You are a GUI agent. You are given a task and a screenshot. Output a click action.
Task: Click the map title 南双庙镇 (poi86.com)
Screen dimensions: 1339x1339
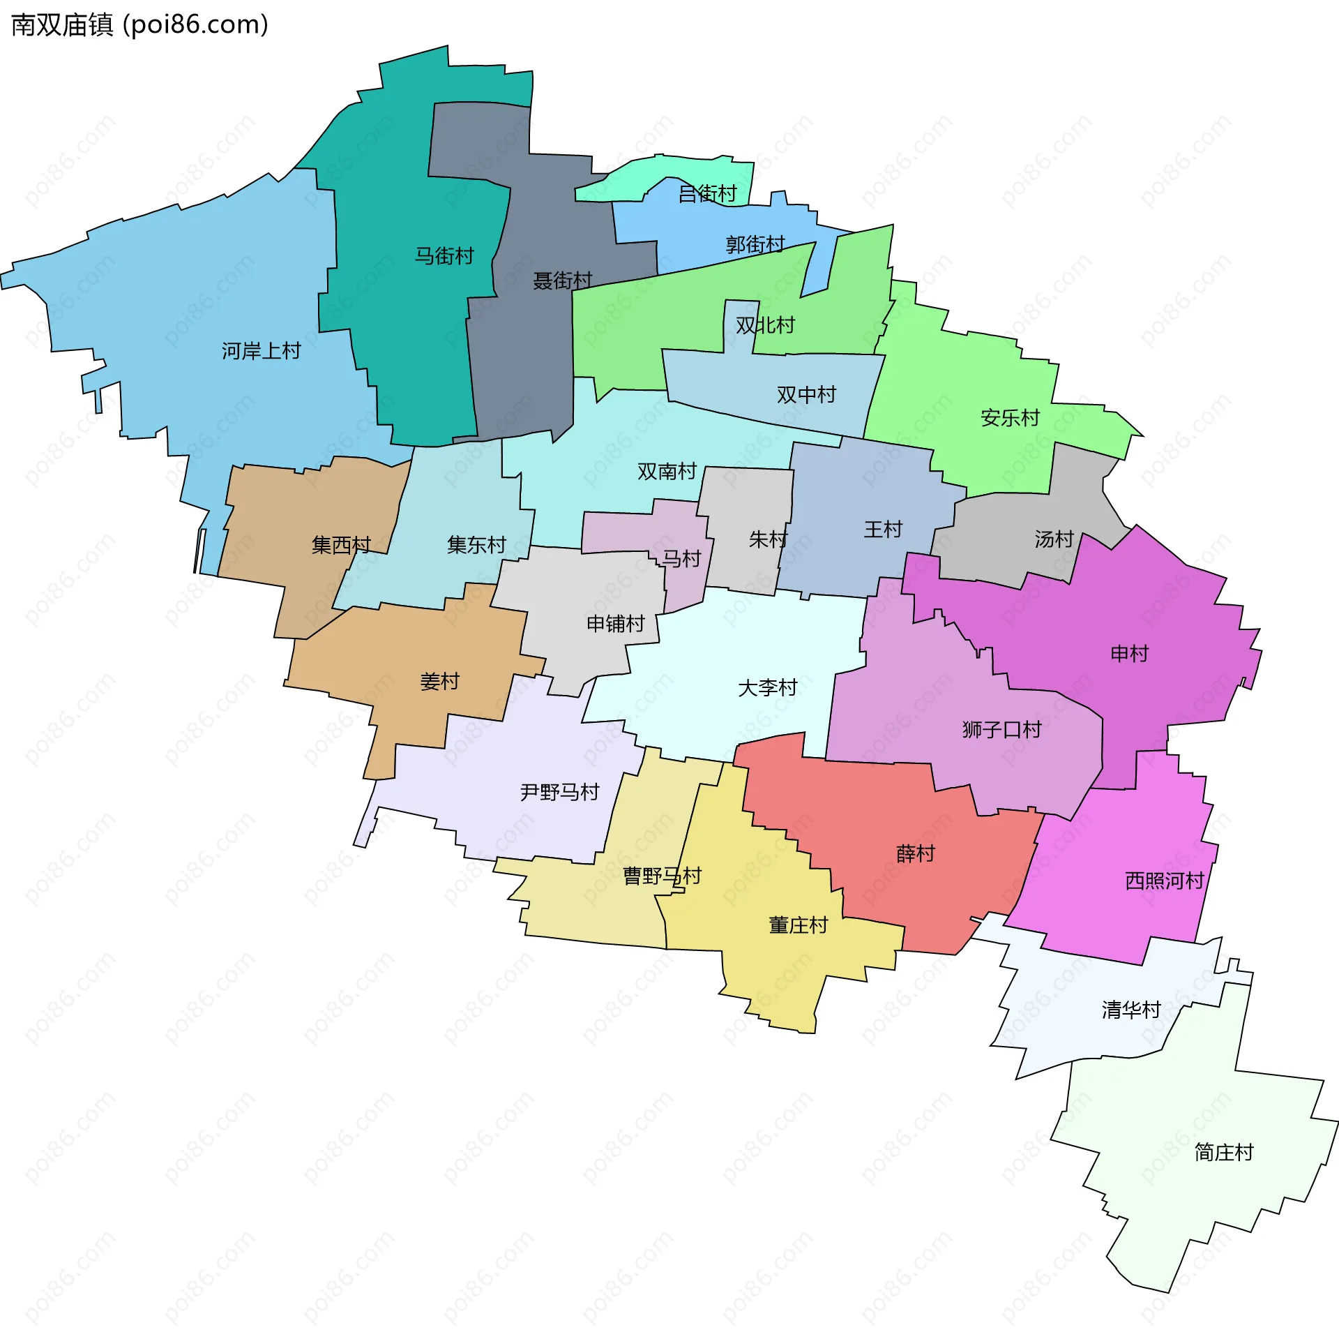(139, 25)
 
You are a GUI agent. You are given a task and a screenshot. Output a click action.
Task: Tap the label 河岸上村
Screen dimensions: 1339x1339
(261, 350)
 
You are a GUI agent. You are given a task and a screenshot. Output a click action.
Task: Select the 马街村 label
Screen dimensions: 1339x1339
(444, 256)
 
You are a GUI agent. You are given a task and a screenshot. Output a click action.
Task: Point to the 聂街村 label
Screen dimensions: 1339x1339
(562, 280)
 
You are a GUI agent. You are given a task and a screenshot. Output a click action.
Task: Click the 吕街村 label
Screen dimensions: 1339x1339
(707, 193)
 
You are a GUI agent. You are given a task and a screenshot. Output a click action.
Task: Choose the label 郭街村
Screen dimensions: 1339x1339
(755, 244)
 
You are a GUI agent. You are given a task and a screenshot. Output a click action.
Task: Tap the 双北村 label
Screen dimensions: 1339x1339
(765, 325)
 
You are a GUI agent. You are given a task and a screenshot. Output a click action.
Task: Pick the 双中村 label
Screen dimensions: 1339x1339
(806, 395)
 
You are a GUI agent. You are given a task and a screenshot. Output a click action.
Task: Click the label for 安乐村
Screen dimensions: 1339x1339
(1010, 418)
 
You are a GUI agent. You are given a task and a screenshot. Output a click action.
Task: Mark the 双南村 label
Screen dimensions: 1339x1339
(667, 472)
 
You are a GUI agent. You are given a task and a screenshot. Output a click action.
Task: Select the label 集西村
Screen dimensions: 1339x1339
(341, 545)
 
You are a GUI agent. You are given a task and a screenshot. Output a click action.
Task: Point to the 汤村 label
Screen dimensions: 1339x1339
(1054, 539)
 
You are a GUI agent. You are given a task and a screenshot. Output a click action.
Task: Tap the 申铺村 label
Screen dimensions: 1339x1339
(616, 624)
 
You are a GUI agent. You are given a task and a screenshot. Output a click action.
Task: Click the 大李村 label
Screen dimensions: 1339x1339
(767, 688)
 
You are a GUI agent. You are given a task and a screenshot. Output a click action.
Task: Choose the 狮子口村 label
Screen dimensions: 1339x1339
(1001, 730)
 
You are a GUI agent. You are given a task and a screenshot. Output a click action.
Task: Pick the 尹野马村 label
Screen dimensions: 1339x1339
(559, 793)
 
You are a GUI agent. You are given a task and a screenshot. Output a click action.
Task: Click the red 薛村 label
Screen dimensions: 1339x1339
(915, 854)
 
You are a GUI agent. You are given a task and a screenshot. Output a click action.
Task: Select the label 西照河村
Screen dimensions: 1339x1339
(1165, 881)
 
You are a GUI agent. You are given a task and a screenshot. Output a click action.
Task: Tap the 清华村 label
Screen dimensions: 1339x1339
(1130, 1010)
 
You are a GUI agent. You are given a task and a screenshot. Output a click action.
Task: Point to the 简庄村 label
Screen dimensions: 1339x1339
(1224, 1152)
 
